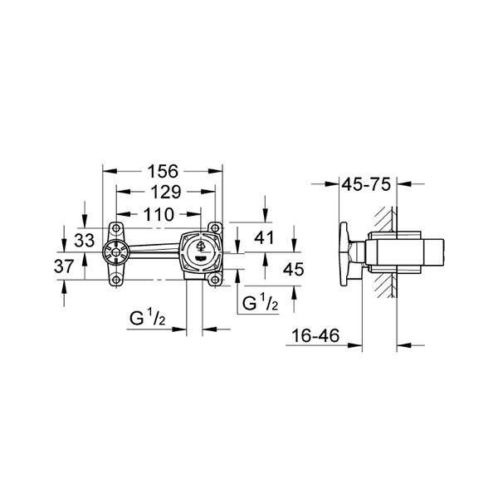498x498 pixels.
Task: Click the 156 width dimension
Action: pyautogui.click(x=163, y=172)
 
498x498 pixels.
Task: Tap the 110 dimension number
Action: pyautogui.click(x=157, y=214)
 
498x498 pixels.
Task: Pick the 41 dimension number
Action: pyautogui.click(x=264, y=238)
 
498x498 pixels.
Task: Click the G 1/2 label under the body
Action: pyautogui.click(x=150, y=317)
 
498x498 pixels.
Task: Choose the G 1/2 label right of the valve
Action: pyautogui.click(x=259, y=304)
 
